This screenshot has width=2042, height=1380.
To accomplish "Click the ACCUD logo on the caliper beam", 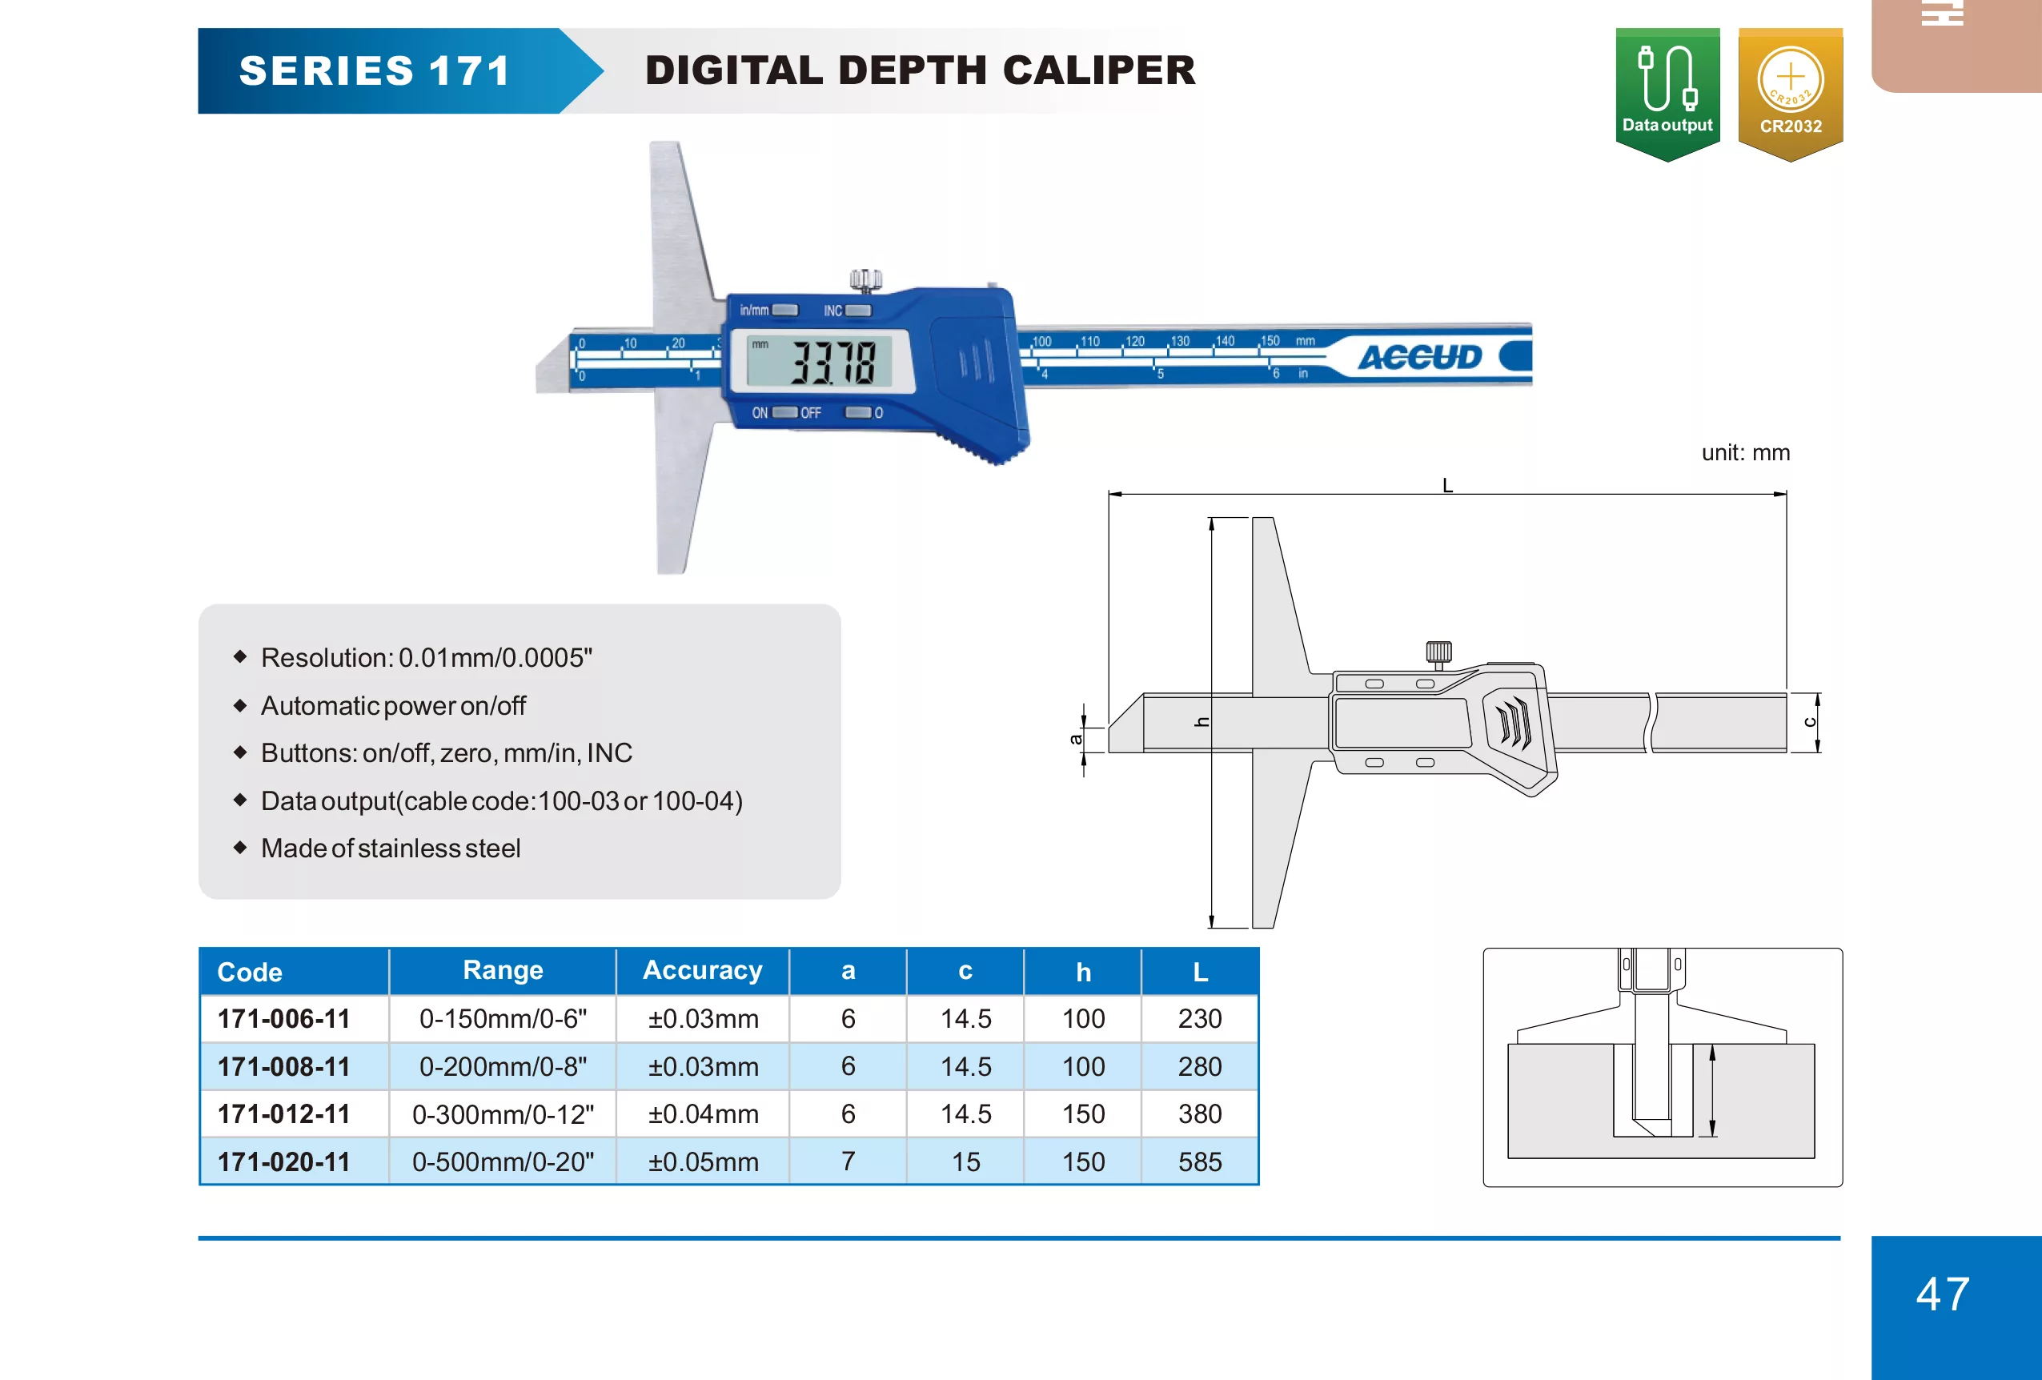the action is (1419, 358).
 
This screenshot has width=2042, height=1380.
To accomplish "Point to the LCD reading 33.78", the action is (833, 362).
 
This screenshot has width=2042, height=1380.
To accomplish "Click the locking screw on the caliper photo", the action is (865, 281).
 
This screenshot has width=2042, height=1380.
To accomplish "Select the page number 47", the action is (1943, 1294).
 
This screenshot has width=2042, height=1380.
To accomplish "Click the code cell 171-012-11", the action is (284, 1113).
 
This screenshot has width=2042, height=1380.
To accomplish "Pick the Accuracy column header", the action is (702, 970).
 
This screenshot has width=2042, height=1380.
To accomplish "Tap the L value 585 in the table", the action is (1199, 1161).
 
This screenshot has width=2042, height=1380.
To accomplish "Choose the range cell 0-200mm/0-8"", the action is (503, 1066).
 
